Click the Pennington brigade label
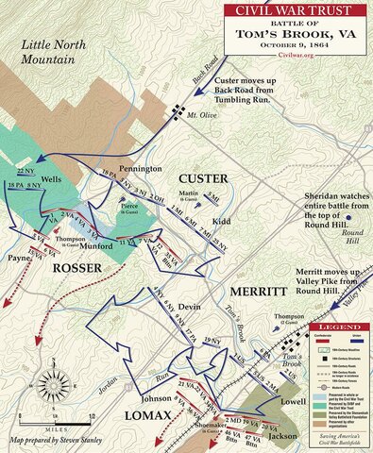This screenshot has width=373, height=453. tap(140, 167)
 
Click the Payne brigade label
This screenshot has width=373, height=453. tap(16, 257)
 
